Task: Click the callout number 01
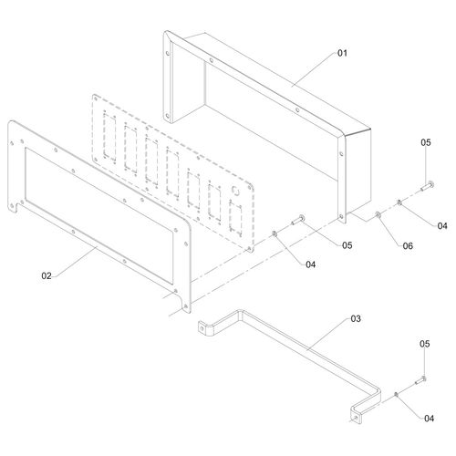(342, 53)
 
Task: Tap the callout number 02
(47, 275)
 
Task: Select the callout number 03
(356, 318)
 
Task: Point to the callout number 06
(408, 245)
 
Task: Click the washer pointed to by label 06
(378, 215)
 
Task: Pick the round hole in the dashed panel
(235, 190)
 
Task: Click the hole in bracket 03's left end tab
(202, 328)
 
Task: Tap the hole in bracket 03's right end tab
(356, 419)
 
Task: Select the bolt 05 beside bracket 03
(420, 380)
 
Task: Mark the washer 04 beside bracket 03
(396, 394)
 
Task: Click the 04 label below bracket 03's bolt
(429, 419)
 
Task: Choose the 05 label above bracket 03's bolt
(425, 344)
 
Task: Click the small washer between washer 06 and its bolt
(399, 202)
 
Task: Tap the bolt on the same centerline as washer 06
(428, 186)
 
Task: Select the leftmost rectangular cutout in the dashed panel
(109, 136)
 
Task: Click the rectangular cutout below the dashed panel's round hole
(235, 219)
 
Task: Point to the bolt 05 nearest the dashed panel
(298, 220)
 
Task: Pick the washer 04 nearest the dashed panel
(275, 233)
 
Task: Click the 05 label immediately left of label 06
(347, 245)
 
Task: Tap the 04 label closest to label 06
(442, 226)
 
